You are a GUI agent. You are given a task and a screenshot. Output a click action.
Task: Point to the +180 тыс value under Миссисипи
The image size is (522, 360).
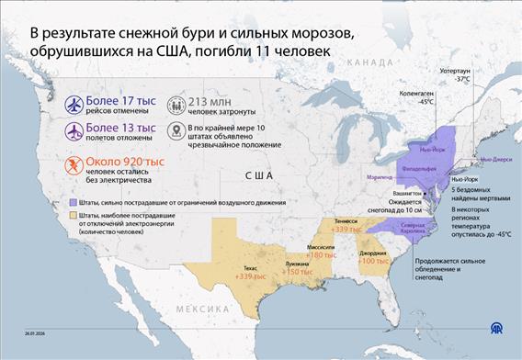click(x=323, y=254)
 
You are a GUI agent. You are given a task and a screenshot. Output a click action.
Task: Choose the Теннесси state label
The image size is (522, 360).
click(x=346, y=221)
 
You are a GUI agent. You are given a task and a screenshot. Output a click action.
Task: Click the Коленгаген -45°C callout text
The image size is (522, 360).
click(x=417, y=98)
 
